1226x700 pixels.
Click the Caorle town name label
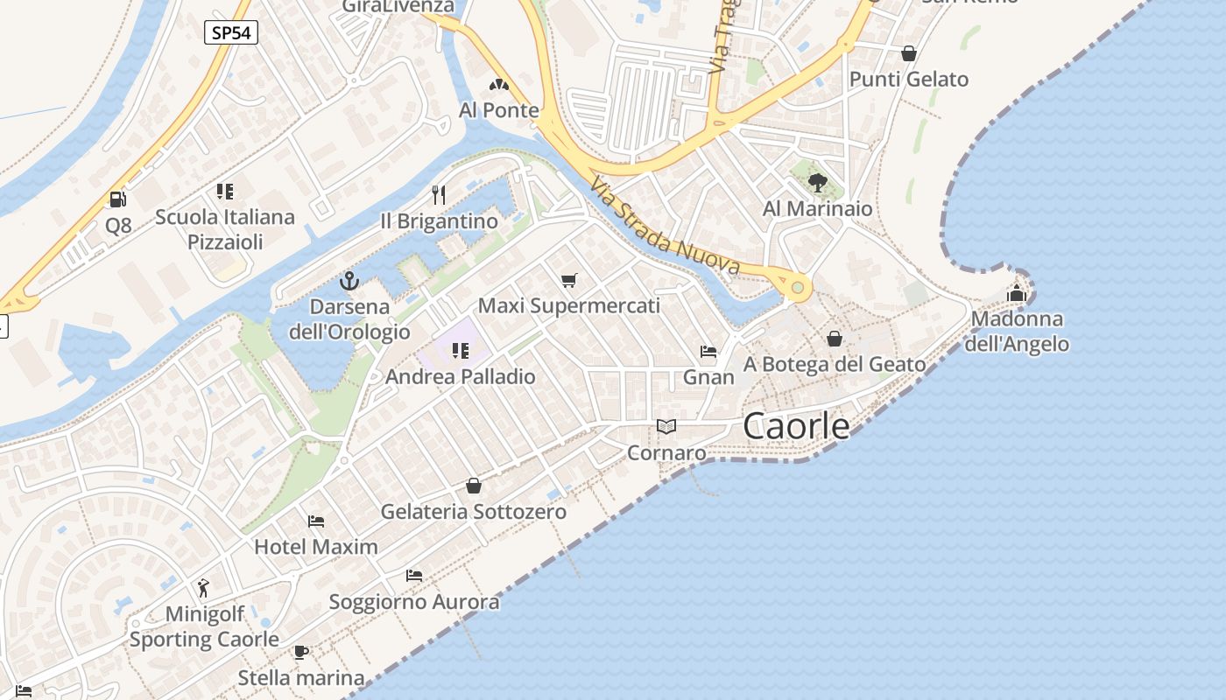click(x=796, y=426)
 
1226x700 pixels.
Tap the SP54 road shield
click(x=231, y=33)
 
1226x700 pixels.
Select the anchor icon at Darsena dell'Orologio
click(x=349, y=282)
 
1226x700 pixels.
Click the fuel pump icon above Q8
click(x=117, y=199)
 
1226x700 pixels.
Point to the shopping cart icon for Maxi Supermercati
click(x=569, y=280)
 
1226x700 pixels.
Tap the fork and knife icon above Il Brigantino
click(x=439, y=194)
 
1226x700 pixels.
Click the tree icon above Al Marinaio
click(x=818, y=182)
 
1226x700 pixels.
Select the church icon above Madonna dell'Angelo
click(x=1017, y=292)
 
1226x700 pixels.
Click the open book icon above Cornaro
click(x=666, y=427)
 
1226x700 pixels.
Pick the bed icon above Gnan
click(x=708, y=352)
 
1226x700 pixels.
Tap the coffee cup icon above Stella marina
click(x=301, y=652)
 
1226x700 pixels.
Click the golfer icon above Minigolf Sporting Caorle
click(x=204, y=587)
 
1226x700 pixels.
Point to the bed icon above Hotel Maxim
click(x=316, y=521)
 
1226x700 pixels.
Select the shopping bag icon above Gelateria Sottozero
click(x=474, y=486)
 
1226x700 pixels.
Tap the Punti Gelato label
click(x=909, y=80)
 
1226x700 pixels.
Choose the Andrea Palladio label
click(x=460, y=377)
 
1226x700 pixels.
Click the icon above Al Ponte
click(x=499, y=85)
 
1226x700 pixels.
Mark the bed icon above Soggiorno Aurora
click(x=414, y=576)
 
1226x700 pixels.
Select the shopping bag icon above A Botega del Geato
click(x=835, y=339)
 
